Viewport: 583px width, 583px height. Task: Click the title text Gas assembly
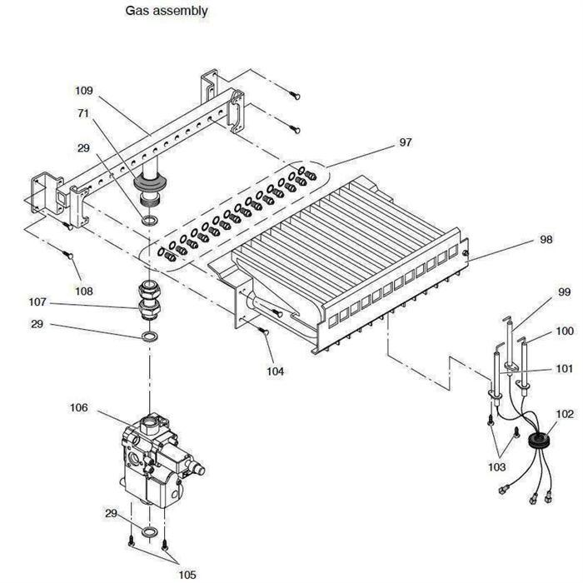coord(167,11)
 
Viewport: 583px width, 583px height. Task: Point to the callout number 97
coord(406,143)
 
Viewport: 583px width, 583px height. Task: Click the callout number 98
coord(546,240)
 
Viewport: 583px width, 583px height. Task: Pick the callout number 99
coord(564,292)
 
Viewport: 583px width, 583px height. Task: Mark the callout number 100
coord(565,331)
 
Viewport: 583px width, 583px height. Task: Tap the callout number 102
coord(565,413)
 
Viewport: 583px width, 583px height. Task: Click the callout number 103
coord(496,467)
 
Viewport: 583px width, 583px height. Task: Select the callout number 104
coord(276,371)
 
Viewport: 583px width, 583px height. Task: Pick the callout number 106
coord(78,407)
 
